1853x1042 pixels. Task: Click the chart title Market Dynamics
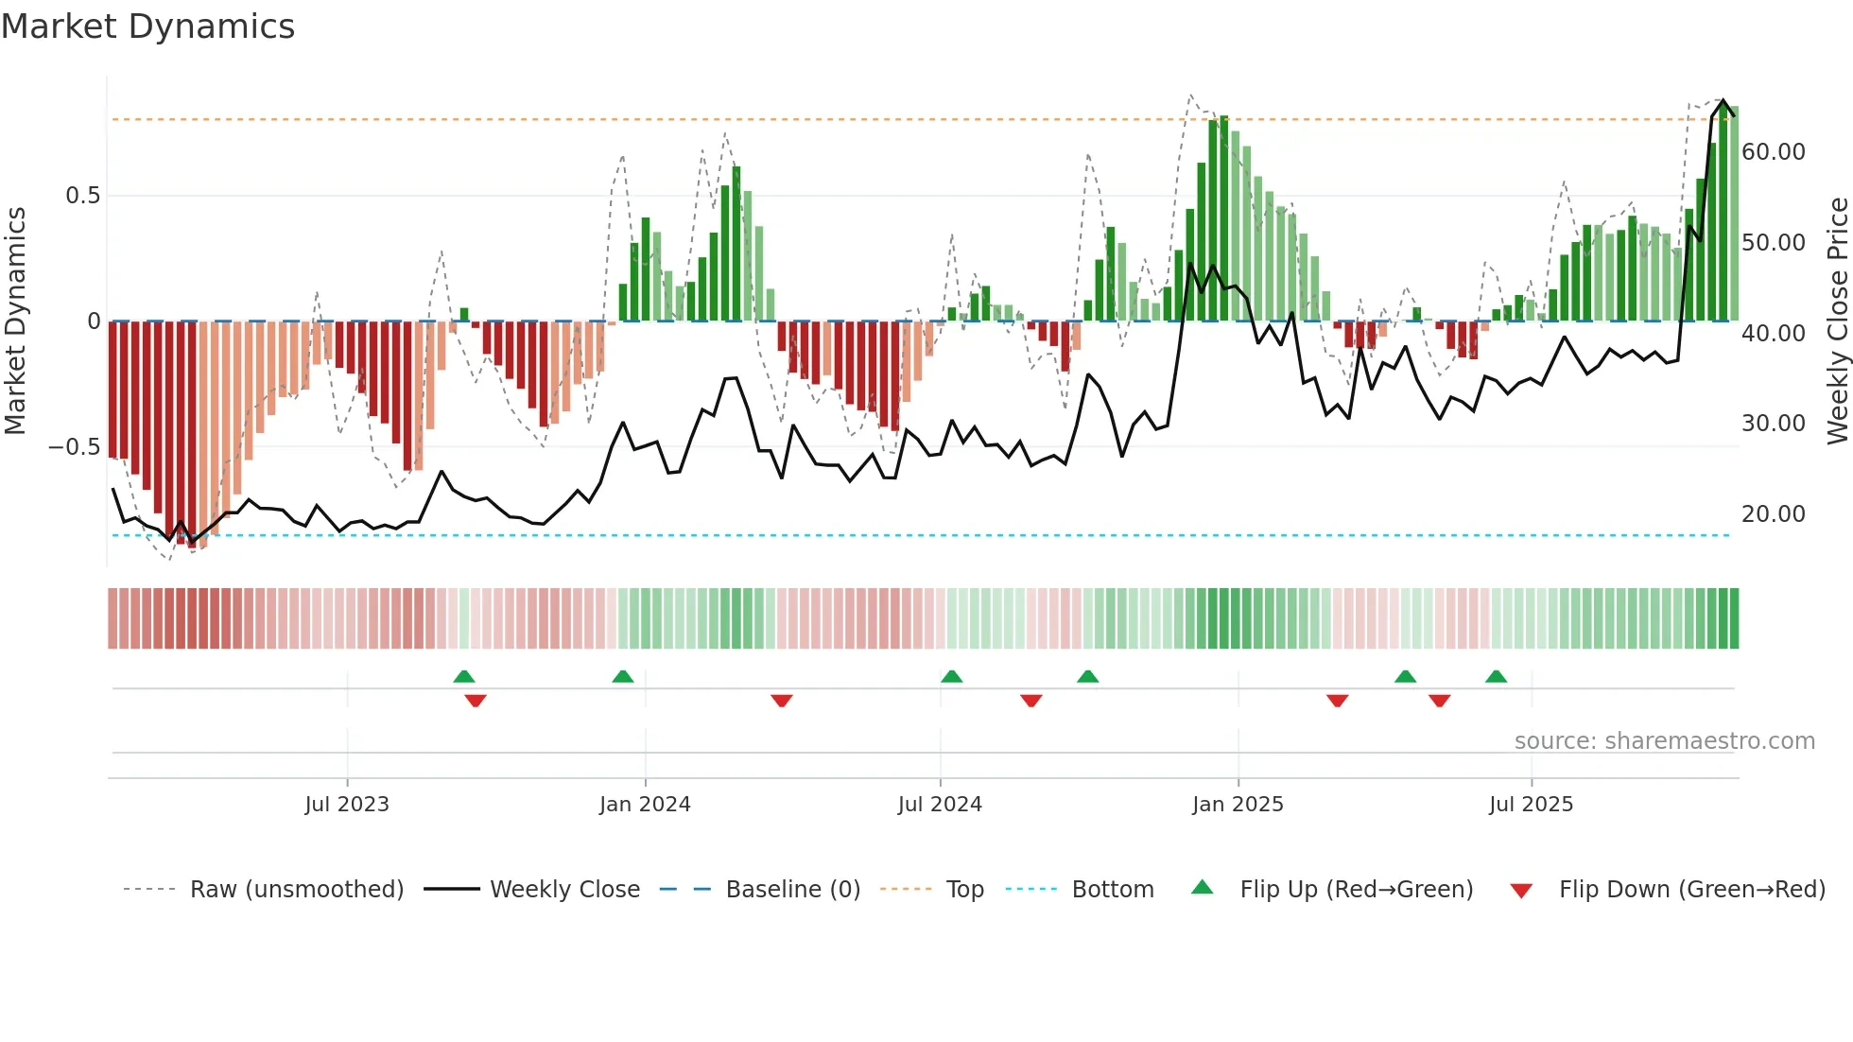click(147, 26)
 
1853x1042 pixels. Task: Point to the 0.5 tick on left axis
click(82, 196)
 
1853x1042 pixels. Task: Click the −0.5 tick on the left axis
click(74, 446)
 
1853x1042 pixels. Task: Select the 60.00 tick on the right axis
click(1774, 152)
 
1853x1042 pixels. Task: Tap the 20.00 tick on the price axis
click(1774, 514)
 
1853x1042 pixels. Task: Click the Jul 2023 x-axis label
click(347, 805)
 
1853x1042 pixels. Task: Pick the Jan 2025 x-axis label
click(1238, 805)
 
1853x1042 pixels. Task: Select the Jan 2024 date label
click(645, 805)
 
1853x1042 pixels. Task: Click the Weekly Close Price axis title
click(1837, 321)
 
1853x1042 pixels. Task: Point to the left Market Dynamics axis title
click(16, 321)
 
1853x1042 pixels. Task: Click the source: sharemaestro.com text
click(1664, 741)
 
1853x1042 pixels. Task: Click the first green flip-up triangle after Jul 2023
click(463, 677)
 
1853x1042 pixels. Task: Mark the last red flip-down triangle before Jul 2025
click(1439, 701)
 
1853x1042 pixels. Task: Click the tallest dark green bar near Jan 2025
click(1224, 217)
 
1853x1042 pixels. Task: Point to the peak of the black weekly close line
click(1723, 100)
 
